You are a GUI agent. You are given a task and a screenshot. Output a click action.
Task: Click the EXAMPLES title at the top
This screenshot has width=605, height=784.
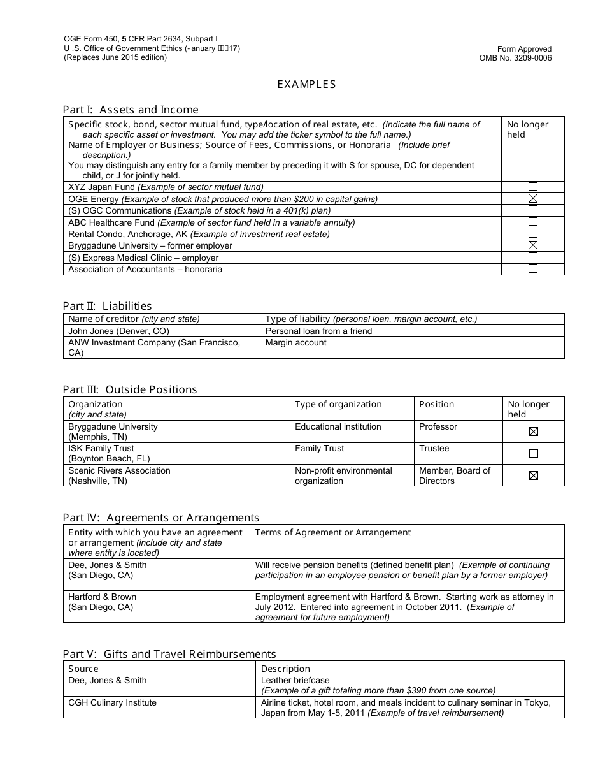306,84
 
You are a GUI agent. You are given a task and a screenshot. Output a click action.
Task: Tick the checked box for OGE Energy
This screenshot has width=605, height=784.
533,198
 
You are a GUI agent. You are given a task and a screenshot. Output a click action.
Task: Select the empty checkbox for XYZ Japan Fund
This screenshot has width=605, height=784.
533,187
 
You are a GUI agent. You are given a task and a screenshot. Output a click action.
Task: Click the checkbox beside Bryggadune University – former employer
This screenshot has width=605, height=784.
533,245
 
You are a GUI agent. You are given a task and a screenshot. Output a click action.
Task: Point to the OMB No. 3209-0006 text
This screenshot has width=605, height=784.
515,58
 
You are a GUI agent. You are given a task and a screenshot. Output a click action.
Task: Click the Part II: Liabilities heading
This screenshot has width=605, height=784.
107,306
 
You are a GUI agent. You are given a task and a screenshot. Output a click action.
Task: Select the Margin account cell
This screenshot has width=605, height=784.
295,343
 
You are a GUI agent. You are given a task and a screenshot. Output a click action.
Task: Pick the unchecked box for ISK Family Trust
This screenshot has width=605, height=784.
534,454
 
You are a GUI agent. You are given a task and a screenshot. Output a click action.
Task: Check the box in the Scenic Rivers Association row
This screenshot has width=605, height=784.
534,475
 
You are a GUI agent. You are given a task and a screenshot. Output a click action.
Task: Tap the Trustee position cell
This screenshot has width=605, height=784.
434,449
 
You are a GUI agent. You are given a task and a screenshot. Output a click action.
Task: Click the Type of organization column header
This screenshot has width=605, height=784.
338,404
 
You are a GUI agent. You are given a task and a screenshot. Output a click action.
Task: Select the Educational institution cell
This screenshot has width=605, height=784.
338,426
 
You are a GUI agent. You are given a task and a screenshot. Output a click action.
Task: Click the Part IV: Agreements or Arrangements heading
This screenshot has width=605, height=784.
160,518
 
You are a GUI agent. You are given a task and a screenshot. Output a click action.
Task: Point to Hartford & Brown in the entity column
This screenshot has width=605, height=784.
102,597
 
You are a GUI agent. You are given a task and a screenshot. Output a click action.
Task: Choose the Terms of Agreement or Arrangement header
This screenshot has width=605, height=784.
333,533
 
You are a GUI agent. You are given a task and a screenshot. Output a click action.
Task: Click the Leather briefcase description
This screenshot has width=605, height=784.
295,680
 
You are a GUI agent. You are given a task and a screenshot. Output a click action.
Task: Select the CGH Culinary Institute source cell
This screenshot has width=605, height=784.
112,702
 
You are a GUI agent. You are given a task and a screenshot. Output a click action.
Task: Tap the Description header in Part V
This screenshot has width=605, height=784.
285,669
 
